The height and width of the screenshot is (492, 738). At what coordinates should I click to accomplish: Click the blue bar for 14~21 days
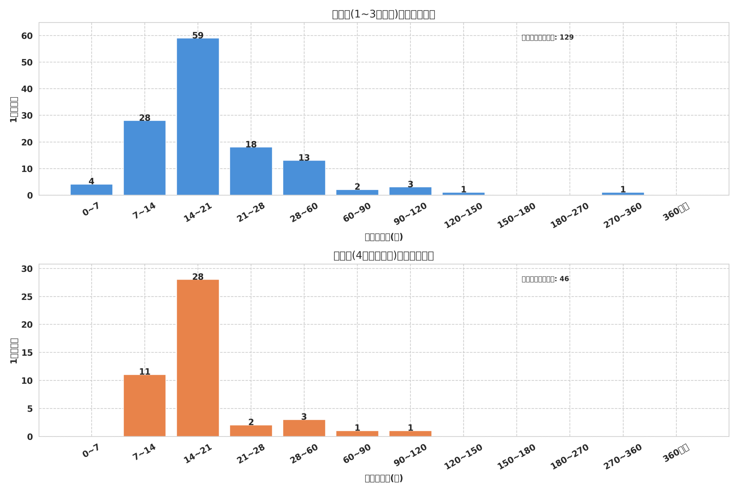pos(198,117)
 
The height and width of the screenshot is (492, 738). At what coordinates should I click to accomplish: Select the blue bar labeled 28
pos(144,158)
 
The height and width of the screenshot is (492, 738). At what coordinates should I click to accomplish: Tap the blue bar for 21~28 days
pos(251,171)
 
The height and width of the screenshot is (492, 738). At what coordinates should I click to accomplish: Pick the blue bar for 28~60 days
pos(304,178)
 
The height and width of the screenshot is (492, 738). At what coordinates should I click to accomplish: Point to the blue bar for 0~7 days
pos(91,190)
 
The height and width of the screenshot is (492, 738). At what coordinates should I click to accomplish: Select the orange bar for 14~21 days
pos(198,358)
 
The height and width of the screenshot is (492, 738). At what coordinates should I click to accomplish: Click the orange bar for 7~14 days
pos(144,406)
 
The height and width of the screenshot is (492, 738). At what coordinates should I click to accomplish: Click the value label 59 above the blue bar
pos(198,35)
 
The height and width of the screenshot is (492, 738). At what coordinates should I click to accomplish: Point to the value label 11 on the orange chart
pos(144,372)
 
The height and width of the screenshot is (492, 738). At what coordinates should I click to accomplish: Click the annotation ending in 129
pos(547,37)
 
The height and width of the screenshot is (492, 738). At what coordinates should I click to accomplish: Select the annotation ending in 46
pos(545,279)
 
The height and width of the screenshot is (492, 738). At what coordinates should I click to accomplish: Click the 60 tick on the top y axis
pos(27,36)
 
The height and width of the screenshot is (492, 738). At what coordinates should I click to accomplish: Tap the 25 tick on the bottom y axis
pos(27,297)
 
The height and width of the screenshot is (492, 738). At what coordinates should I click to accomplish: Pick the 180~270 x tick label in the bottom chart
pos(570,457)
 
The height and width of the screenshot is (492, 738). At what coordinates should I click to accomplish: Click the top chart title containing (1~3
pos(383,14)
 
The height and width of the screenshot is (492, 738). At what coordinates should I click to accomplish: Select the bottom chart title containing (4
pos(383,256)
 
